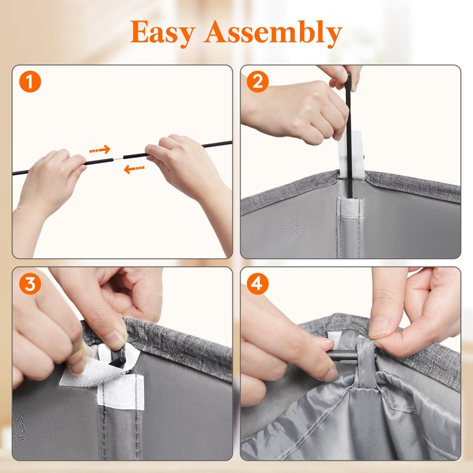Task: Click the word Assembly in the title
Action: point(273,33)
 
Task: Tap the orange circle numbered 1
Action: point(30,82)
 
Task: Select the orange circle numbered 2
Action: point(258,82)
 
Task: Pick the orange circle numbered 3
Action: point(30,284)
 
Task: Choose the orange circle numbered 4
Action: point(258,284)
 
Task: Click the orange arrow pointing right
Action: point(100,150)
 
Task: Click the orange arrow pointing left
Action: point(134,169)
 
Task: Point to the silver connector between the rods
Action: point(118,158)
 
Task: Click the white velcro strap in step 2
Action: point(351,154)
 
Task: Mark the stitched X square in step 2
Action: point(291,228)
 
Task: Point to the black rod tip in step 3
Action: point(119,358)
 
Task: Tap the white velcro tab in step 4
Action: point(334,337)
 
